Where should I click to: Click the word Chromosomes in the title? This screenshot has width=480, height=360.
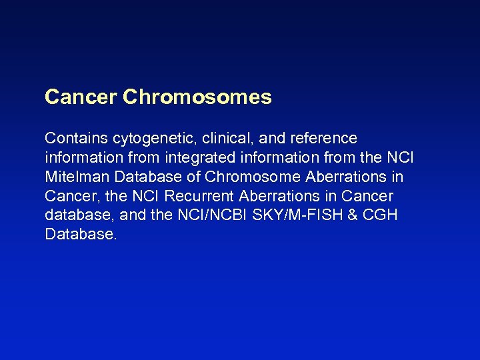tap(197, 97)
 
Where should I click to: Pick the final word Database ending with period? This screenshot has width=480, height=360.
tap(81, 235)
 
